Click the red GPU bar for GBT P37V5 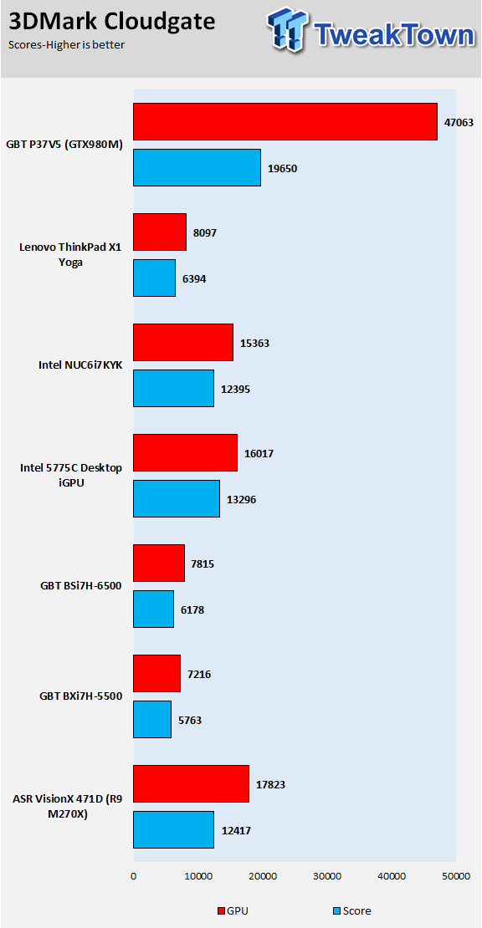click(x=285, y=122)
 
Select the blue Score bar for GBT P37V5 click(x=197, y=168)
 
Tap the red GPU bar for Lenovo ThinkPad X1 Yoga click(x=160, y=232)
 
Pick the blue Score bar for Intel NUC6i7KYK click(x=173, y=388)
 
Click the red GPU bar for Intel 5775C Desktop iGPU click(x=185, y=453)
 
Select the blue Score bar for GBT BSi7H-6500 click(x=153, y=609)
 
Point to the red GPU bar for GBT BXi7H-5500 click(x=157, y=674)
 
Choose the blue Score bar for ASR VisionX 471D click(x=173, y=829)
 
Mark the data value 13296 click(x=242, y=499)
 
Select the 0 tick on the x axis click(x=133, y=876)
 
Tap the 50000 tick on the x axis click(x=456, y=876)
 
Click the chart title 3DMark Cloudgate click(x=111, y=23)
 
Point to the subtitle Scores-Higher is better click(x=66, y=45)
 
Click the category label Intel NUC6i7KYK click(x=80, y=365)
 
